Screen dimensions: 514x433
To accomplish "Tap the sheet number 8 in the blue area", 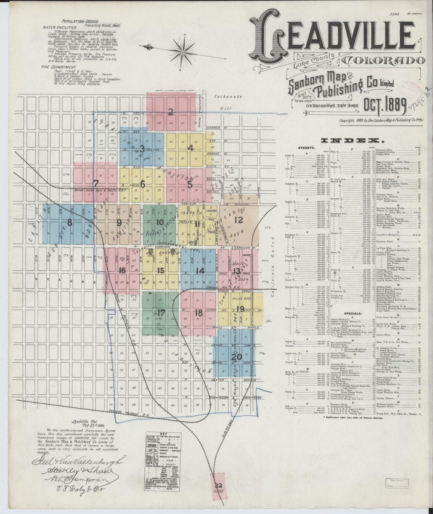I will tap(70, 223).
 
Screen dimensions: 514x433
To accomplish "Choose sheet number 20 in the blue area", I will tap(236, 357).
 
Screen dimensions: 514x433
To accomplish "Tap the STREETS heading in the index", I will tap(306, 148).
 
